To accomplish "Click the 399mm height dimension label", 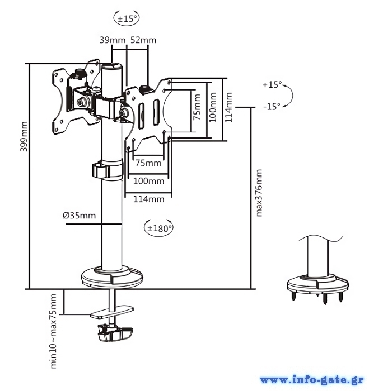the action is point(24,136).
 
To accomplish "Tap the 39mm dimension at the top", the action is point(113,40).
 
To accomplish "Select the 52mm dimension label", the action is point(143,40).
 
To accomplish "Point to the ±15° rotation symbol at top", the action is point(127,18).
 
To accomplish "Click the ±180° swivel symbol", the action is point(159,228).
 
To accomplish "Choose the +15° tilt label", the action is point(272,85).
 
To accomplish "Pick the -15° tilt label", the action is point(272,107).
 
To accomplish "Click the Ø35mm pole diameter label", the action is point(80,215).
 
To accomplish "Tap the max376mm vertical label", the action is point(259,193).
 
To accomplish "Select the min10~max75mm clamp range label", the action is point(53,331).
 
